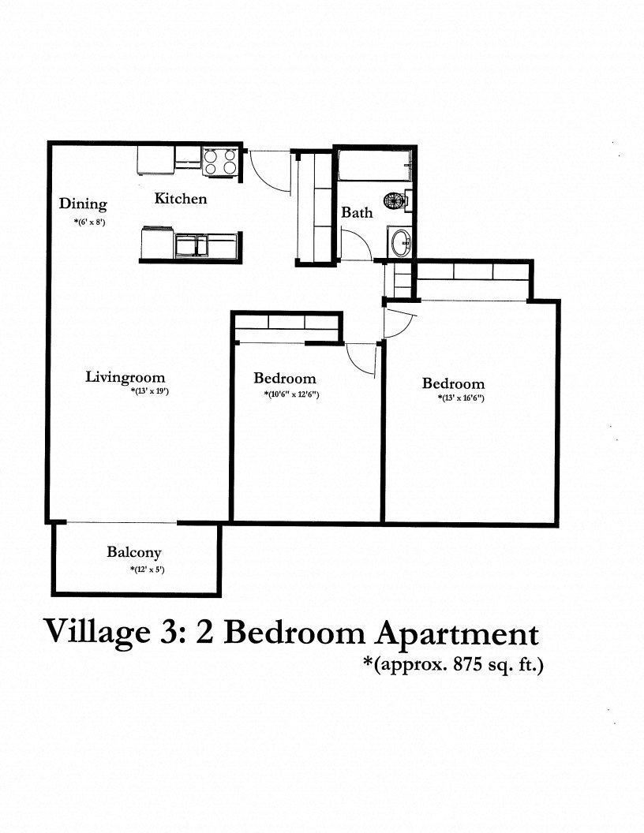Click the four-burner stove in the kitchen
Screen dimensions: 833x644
[x=222, y=162]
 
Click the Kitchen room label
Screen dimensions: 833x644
[x=180, y=199]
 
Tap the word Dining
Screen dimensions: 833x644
[x=83, y=204]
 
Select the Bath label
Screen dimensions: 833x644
[x=357, y=212]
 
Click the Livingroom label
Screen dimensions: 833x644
[x=125, y=377]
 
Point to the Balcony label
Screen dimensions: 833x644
[x=134, y=553]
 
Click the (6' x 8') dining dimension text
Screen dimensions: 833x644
[x=89, y=222]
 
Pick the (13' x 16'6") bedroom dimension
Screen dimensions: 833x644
[x=461, y=398]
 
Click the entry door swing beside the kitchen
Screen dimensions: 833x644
[x=266, y=169]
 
